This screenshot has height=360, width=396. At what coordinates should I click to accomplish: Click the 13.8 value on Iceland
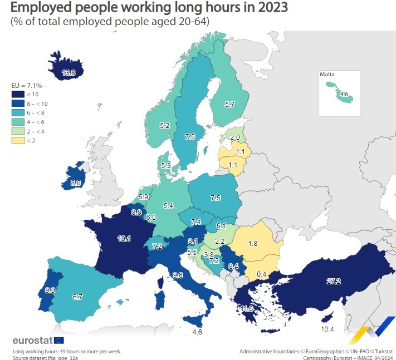pos(69,73)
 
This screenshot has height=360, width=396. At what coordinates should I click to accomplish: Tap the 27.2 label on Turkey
pos(333,282)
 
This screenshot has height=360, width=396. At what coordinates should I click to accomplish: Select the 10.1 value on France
pos(124,239)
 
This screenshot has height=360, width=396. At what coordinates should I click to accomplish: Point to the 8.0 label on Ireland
pos(76,182)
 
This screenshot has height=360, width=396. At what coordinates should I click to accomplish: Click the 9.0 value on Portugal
pos(50,289)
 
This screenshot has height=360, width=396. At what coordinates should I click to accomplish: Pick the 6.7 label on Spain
pos(77,297)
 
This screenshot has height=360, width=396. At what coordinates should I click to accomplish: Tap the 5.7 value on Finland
pos(229,104)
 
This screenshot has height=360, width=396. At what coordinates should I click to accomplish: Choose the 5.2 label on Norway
pos(164,126)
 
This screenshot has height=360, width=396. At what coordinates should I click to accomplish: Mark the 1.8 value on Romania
pos(252,243)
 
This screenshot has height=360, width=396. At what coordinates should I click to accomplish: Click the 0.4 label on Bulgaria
pos(261,274)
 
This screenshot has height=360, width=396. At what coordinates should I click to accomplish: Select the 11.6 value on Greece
pos(246,308)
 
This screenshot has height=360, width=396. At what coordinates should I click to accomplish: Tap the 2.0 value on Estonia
pos(236,137)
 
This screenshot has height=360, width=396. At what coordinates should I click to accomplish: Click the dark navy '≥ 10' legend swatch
pos(17,95)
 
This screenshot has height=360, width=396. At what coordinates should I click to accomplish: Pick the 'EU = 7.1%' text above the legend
pos(27,86)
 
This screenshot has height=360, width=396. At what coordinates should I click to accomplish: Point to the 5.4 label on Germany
pos(168,206)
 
